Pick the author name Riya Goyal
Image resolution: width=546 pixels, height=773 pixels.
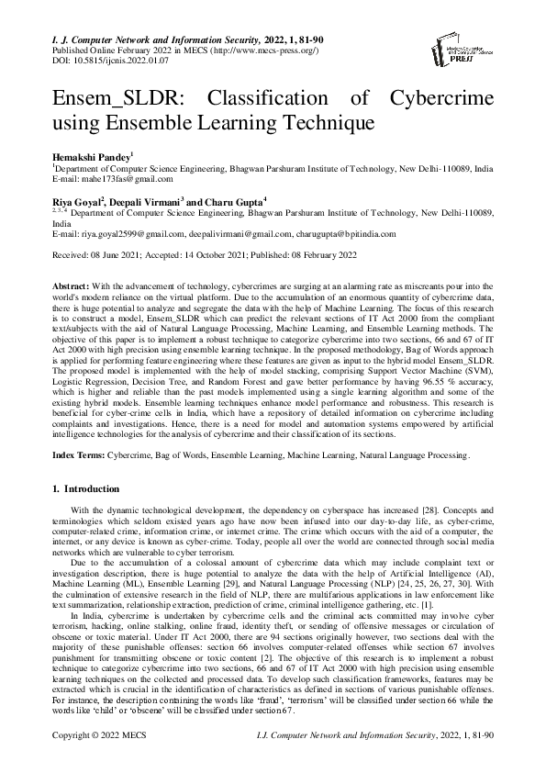click(x=76, y=201)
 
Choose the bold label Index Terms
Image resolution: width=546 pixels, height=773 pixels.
click(x=77, y=454)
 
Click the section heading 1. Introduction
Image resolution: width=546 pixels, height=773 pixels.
click(x=88, y=488)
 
